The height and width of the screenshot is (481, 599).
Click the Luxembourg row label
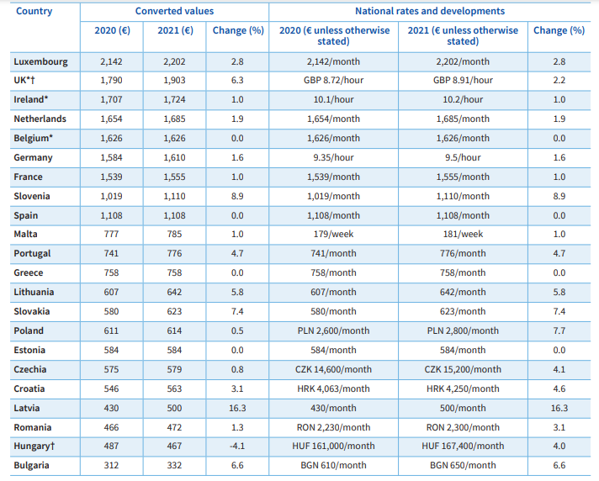pyautogui.click(x=40, y=62)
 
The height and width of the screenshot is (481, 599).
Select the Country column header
pyautogui.click(x=34, y=12)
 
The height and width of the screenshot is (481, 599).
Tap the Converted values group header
pyautogui.click(x=175, y=11)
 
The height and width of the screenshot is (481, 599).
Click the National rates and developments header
pyautogui.click(x=430, y=11)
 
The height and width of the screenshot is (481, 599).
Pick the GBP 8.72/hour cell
pyautogui.click(x=333, y=80)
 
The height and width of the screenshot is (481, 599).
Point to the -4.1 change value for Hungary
pyautogui.click(x=237, y=446)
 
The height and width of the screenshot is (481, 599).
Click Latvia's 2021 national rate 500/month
pyautogui.click(x=463, y=408)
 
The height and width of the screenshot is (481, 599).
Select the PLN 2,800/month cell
pyautogui.click(x=463, y=330)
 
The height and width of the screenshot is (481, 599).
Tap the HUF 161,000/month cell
pyautogui.click(x=333, y=446)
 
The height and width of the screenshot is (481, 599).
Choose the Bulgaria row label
pyautogui.click(x=31, y=466)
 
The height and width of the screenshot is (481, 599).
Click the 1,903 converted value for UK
pyautogui.click(x=174, y=80)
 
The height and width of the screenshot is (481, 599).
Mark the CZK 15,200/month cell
pyautogui.click(x=463, y=369)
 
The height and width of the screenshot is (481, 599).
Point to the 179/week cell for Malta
pyautogui.click(x=333, y=234)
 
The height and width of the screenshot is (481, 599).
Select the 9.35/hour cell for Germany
pyautogui.click(x=333, y=157)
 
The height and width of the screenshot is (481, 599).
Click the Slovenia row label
pyautogui.click(x=32, y=196)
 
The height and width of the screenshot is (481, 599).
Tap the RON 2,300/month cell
pyautogui.click(x=463, y=427)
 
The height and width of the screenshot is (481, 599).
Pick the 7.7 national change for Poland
pyautogui.click(x=559, y=330)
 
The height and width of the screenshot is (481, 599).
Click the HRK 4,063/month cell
pyautogui.click(x=333, y=388)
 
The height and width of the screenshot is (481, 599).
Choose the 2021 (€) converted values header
pyautogui.click(x=175, y=30)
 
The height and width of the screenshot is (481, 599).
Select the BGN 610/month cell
pyautogui.click(x=333, y=465)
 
